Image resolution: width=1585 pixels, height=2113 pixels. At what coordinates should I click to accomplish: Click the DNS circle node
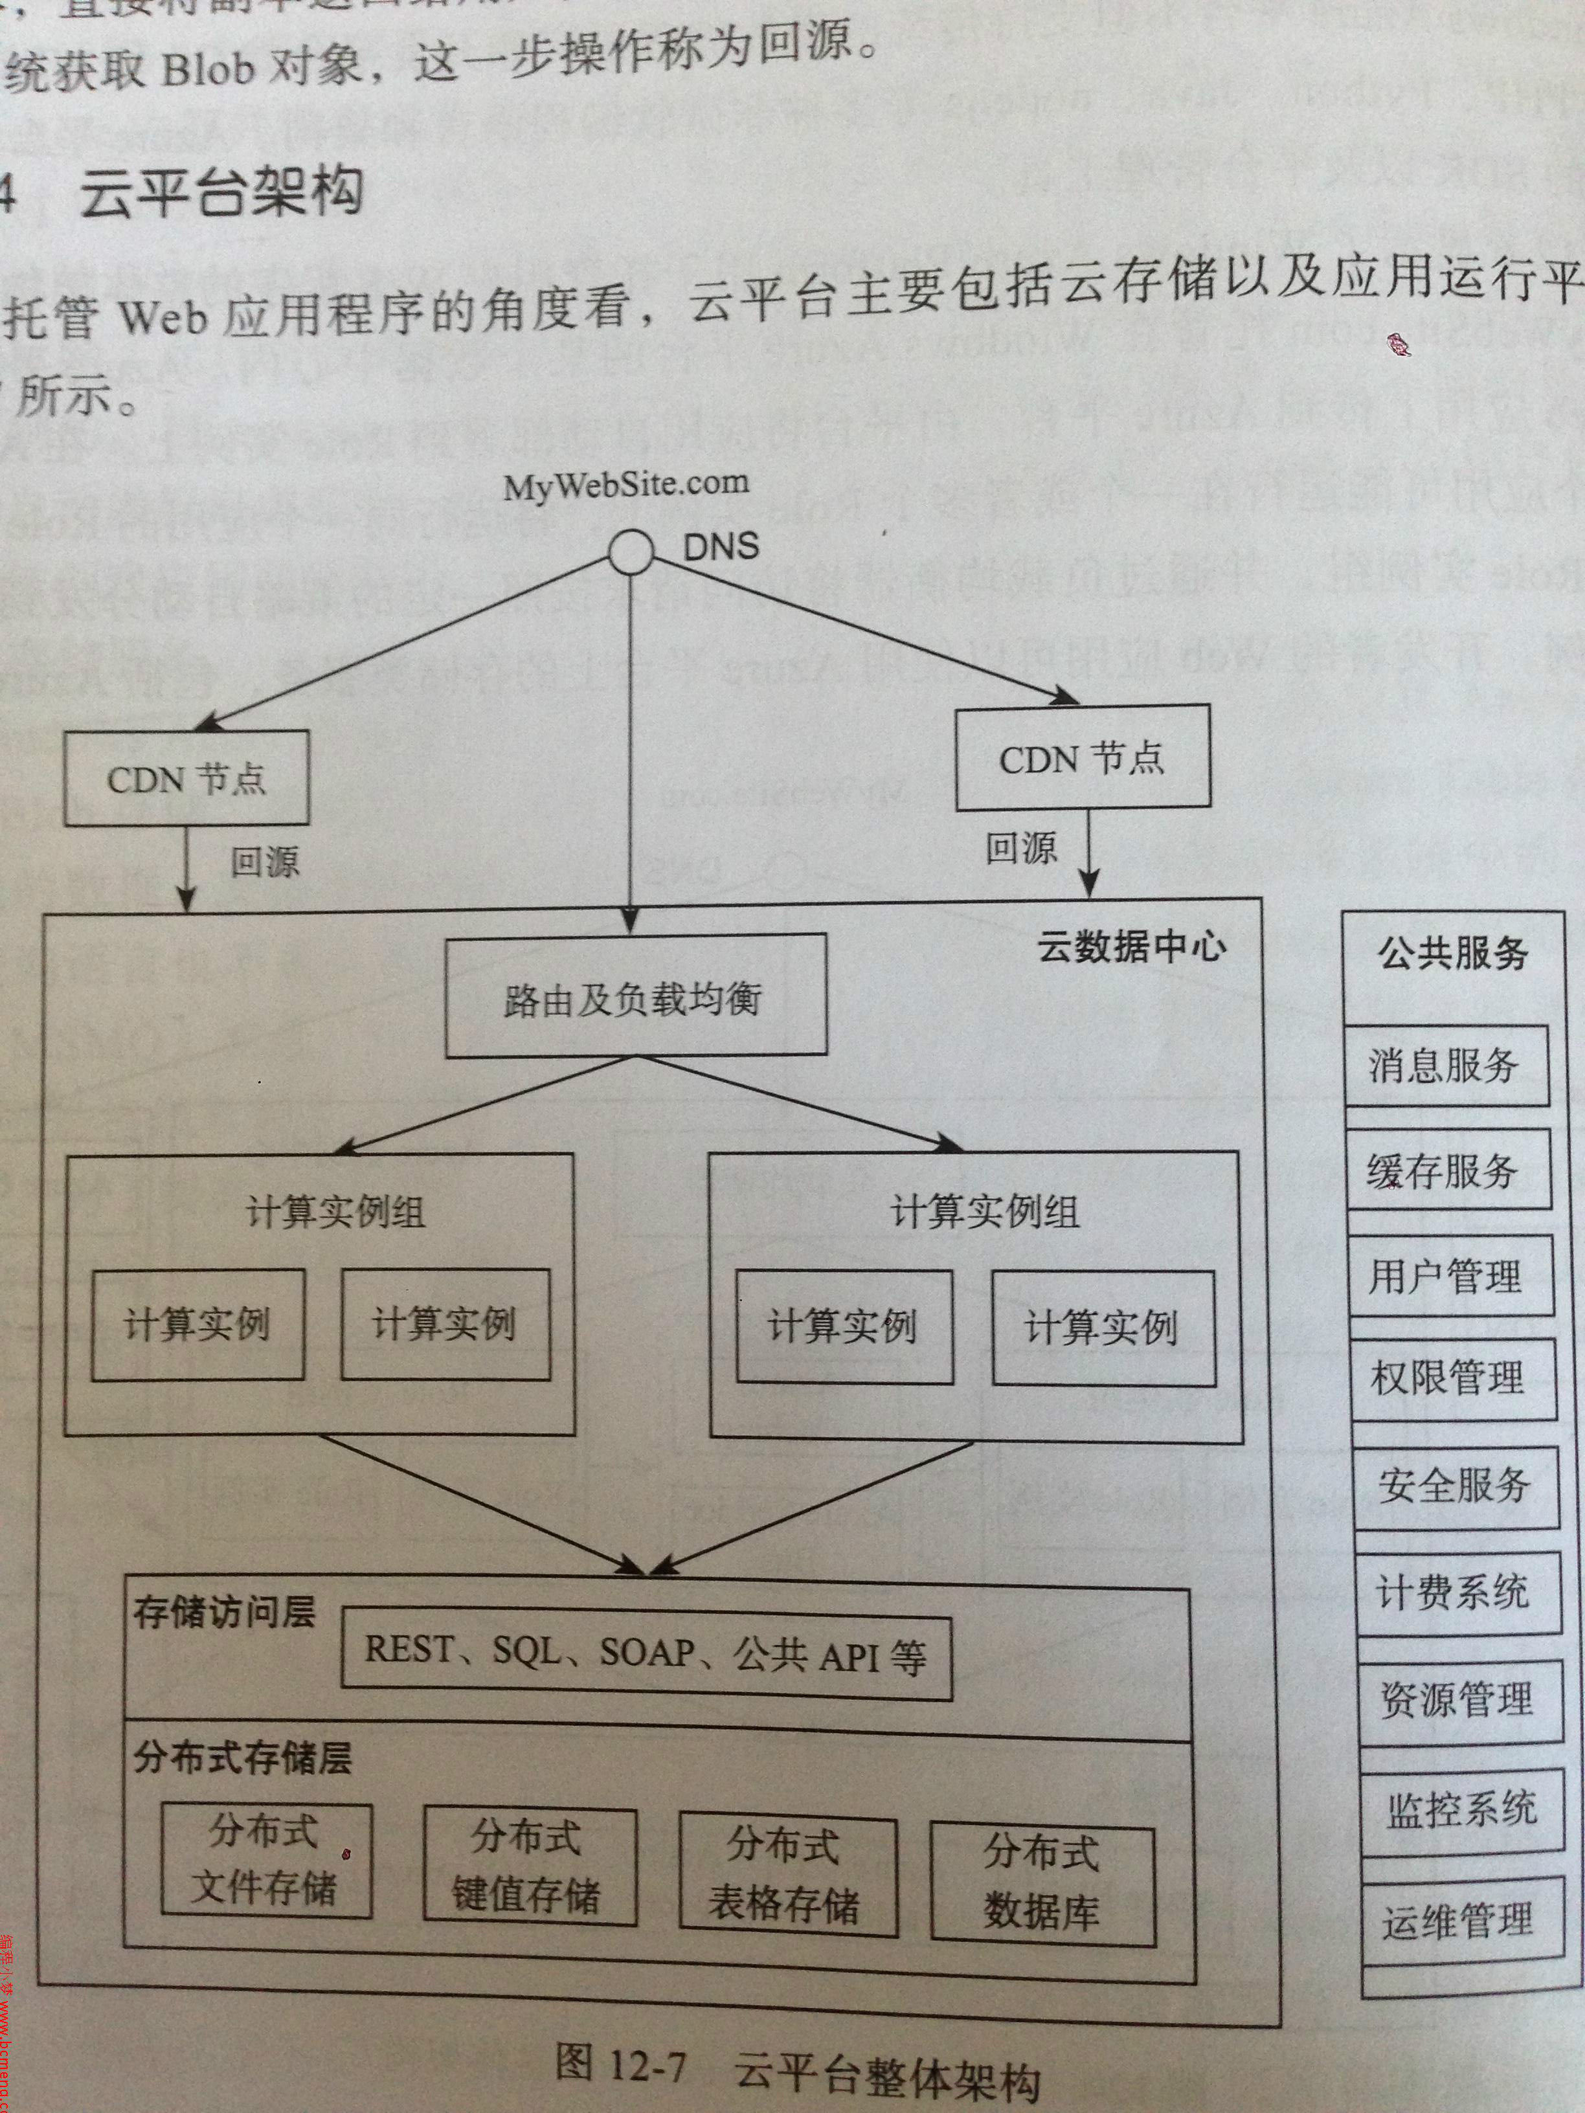pyautogui.click(x=631, y=552)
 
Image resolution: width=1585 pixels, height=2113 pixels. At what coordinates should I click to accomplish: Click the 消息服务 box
pyautogui.click(x=1446, y=1065)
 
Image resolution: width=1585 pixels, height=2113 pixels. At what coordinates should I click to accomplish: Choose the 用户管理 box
pyautogui.click(x=1449, y=1275)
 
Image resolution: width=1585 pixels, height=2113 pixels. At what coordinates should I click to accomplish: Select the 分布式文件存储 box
pyautogui.click(x=265, y=1859)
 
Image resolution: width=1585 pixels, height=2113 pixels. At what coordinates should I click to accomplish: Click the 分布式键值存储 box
pyautogui.click(x=528, y=1864)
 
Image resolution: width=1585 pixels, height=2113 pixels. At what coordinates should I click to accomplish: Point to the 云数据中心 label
pyautogui.click(x=1131, y=948)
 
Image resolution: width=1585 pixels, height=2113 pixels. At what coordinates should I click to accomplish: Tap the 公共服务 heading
pyautogui.click(x=1452, y=954)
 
